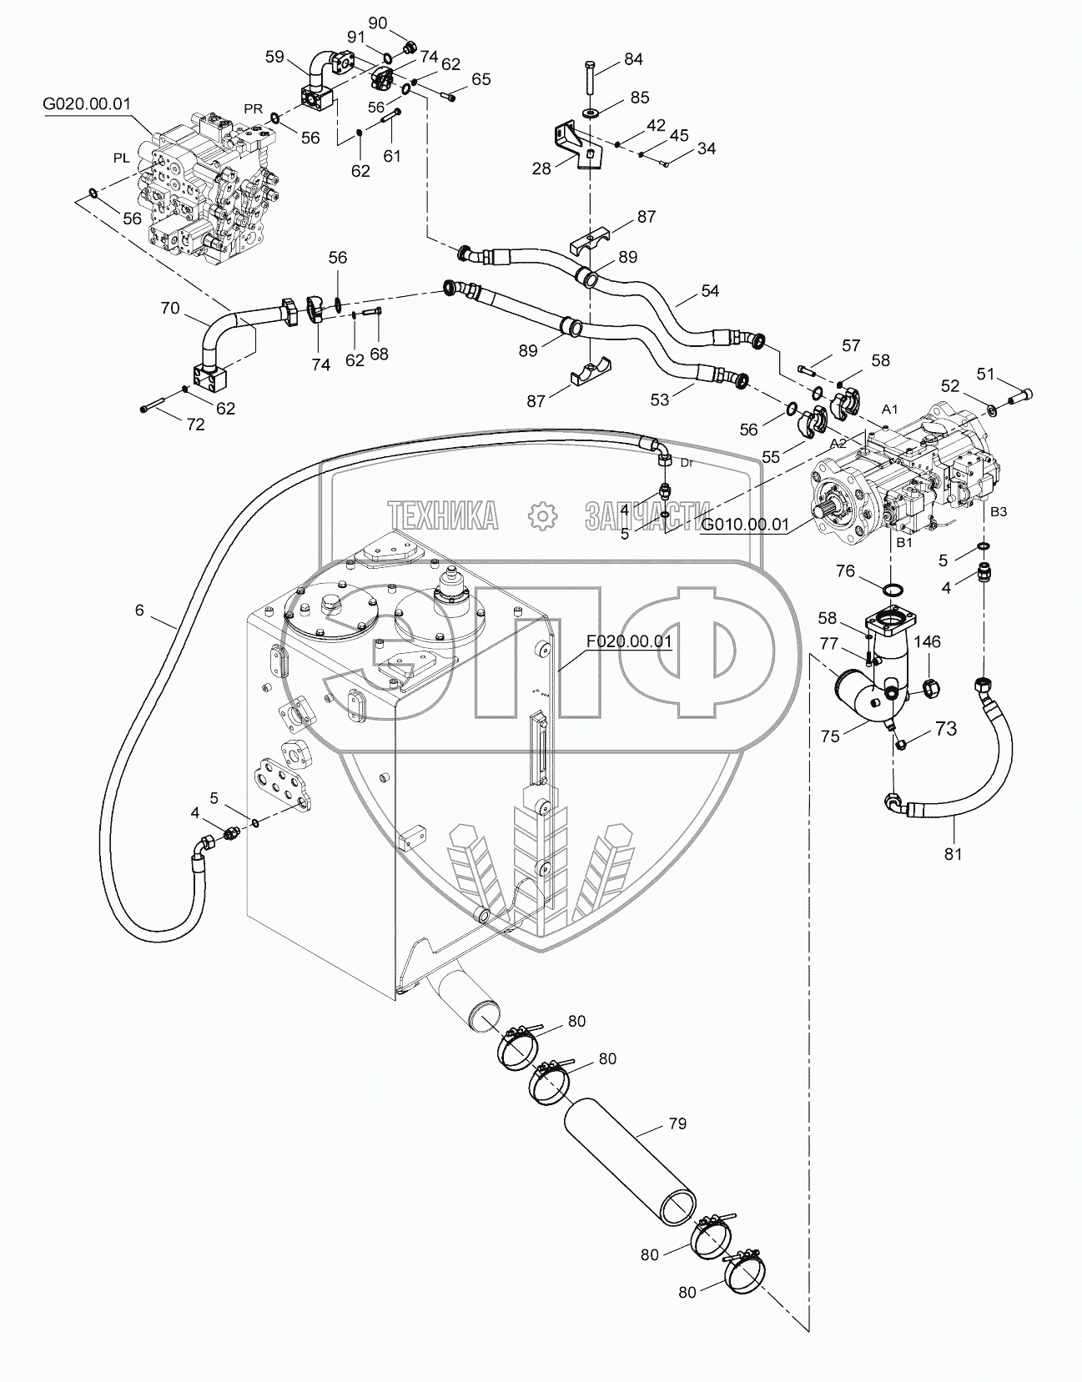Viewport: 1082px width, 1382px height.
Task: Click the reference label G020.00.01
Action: (88, 104)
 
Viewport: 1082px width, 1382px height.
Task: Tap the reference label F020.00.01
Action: (629, 641)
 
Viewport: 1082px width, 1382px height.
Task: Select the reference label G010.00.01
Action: (745, 524)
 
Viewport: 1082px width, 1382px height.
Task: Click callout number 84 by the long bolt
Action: (633, 59)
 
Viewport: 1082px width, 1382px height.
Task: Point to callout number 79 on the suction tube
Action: (677, 1123)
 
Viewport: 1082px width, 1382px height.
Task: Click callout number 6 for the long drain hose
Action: (139, 611)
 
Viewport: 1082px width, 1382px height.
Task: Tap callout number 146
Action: (927, 642)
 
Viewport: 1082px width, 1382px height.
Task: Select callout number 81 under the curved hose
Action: (953, 853)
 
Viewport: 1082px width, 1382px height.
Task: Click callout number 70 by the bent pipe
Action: (169, 308)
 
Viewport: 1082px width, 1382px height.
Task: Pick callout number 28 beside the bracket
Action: (542, 168)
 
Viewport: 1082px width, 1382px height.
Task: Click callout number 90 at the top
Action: (378, 23)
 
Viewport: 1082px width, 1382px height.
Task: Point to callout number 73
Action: (944, 728)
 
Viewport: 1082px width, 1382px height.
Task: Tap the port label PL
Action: (121, 158)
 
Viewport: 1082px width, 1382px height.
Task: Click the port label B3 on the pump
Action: (998, 512)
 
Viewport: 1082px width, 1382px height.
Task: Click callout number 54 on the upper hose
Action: (710, 290)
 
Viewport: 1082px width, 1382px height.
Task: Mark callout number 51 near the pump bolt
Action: (986, 374)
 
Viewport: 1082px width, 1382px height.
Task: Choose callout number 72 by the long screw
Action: (194, 424)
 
